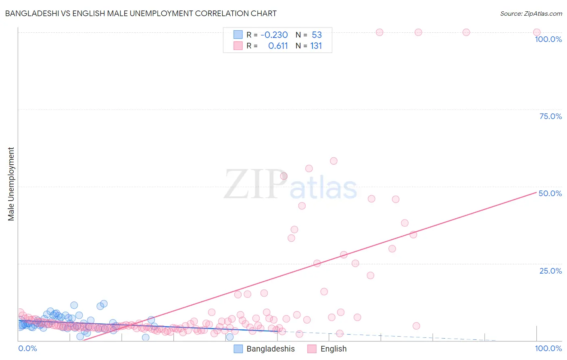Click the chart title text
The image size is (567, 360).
point(141,13)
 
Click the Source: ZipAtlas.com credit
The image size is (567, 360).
point(531,13)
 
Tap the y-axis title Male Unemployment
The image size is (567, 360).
point(11,184)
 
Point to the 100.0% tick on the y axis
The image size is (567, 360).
point(548,39)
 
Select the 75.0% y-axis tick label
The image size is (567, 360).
point(550,116)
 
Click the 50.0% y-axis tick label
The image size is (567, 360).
point(550,193)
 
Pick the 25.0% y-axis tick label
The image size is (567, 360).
point(550,270)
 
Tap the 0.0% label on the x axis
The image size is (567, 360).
point(28,348)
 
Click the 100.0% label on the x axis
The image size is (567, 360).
point(548,348)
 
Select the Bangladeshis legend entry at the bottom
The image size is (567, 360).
point(271,349)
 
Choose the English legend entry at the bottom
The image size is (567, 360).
point(333,349)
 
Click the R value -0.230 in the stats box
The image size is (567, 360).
point(274,35)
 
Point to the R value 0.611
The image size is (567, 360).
point(278,46)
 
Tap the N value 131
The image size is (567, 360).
point(316,46)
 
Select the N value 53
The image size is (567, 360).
point(317,35)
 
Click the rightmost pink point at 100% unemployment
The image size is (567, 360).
point(536,32)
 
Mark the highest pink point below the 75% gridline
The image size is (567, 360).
point(334,161)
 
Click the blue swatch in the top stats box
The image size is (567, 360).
point(238,35)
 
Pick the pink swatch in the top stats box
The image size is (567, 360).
point(238,46)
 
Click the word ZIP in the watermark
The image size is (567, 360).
point(255,185)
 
